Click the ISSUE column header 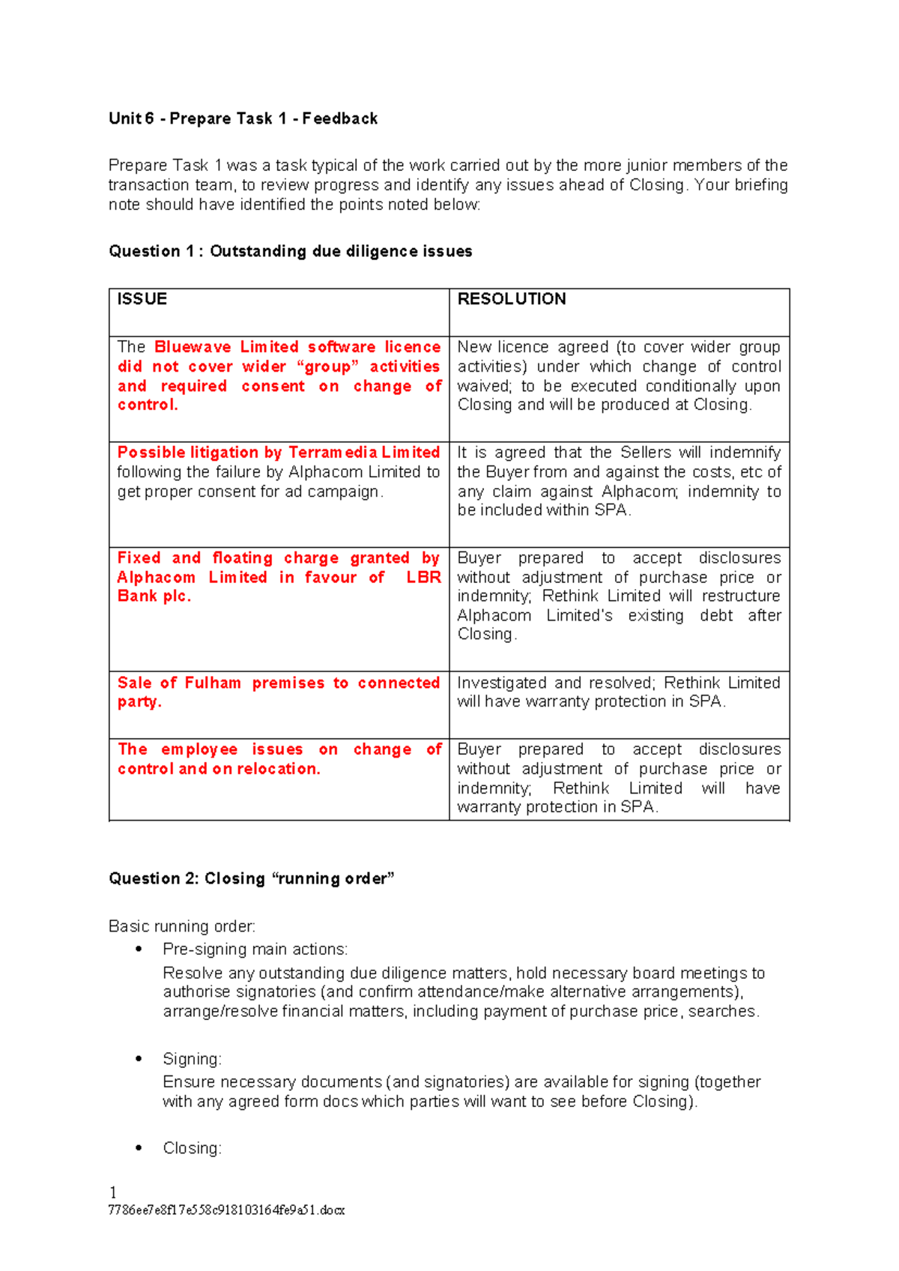142,299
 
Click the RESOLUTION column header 512,299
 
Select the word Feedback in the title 340,118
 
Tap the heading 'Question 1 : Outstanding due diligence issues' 290,251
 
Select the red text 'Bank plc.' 154,597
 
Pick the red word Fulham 213,683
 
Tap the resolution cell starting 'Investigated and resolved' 619,692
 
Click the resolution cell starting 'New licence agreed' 619,375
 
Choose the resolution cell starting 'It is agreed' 619,481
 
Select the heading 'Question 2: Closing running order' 251,878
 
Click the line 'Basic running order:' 182,926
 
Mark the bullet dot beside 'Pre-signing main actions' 139,949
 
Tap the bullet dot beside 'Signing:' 139,1058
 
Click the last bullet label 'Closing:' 192,1148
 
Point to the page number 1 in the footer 113,1192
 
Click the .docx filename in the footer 226,1210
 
